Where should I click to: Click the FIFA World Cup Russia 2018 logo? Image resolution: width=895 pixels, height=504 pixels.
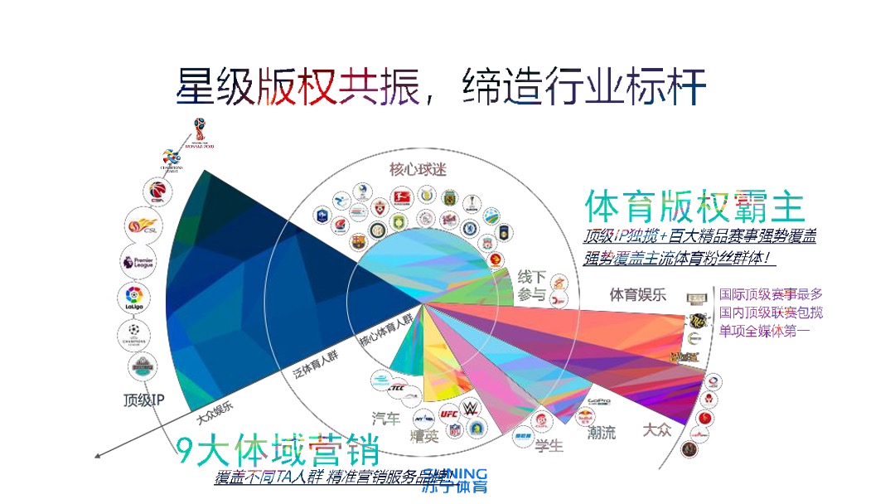[x=199, y=133]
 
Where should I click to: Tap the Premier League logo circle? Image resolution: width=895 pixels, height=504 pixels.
[x=138, y=262]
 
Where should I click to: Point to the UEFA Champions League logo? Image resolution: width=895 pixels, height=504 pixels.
[x=134, y=334]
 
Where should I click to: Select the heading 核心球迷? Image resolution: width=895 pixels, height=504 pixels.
[x=418, y=170]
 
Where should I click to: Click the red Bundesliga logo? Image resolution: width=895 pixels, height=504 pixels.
[x=402, y=197]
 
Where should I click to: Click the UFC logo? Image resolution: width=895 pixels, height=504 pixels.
[x=449, y=412]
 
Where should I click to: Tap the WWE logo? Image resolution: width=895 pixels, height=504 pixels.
[x=472, y=408]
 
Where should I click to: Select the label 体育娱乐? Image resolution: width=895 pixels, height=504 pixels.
[x=638, y=294]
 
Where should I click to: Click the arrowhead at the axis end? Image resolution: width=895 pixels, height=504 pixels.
[x=99, y=453]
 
